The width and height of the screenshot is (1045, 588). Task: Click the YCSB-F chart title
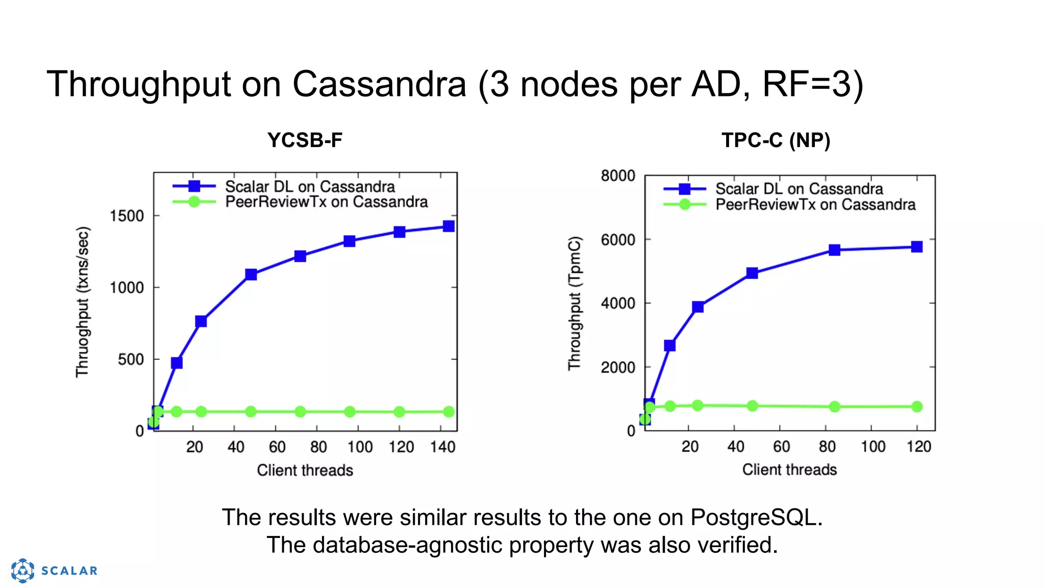305,140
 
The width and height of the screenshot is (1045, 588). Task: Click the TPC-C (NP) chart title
776,140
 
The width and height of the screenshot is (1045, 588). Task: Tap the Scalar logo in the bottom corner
54,570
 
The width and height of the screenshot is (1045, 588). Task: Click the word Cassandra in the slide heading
379,84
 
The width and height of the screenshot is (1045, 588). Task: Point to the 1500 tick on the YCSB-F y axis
127,216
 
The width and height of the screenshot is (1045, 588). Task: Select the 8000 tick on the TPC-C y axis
618,176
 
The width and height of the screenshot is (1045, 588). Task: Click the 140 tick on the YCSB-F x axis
442,447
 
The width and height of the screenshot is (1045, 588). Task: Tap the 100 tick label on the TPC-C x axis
873,447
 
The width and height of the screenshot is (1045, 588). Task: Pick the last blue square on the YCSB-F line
449,226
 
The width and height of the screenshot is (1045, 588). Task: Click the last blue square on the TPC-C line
916,247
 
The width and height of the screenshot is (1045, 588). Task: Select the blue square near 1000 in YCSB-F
251,275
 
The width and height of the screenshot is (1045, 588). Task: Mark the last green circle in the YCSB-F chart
449,412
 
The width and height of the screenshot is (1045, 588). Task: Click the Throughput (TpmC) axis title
575,303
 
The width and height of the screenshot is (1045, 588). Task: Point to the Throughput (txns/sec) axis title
83,302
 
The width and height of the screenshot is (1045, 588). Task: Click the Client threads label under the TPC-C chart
789,470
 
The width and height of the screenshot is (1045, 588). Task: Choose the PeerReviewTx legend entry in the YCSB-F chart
326,202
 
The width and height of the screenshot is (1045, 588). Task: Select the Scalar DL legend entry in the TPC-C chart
799,189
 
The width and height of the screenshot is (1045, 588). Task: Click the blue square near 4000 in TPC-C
698,307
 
